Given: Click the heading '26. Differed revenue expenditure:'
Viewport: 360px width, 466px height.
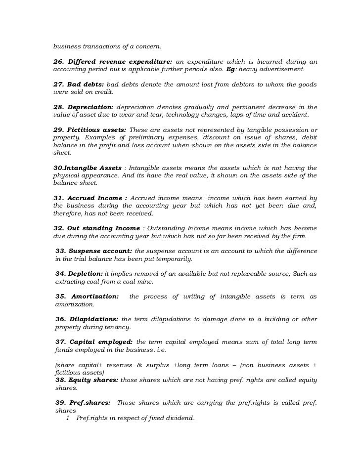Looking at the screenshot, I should point(112,61).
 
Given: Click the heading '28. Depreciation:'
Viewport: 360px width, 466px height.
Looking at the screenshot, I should point(83,107).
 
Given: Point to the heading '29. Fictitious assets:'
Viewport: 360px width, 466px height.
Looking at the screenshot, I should point(90,129).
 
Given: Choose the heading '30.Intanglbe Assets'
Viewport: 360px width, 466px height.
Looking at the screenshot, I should point(87,168).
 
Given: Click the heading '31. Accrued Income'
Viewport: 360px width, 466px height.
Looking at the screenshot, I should point(88,198).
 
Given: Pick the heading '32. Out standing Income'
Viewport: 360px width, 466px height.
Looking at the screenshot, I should point(96,228).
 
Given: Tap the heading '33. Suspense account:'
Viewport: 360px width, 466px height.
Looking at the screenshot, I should point(93,251).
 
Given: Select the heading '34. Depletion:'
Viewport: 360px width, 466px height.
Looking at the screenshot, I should point(79,274).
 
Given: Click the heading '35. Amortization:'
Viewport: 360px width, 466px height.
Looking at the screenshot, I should point(87,297).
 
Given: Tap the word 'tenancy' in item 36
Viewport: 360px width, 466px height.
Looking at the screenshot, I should point(118,327).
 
